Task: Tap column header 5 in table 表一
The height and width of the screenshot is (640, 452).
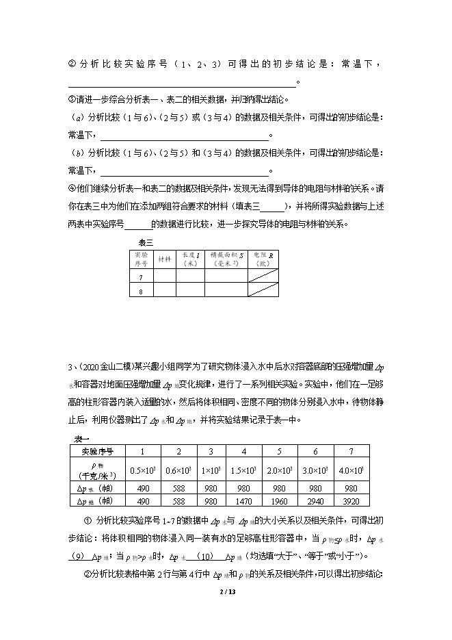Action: tap(280, 452)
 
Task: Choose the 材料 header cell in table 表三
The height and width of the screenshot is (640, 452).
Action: tap(165, 259)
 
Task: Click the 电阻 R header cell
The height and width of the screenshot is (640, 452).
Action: tap(261, 259)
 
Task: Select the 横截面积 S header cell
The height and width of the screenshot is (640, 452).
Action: tap(225, 259)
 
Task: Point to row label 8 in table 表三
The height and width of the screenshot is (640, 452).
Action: tap(141, 290)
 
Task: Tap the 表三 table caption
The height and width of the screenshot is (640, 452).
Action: tap(146, 242)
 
